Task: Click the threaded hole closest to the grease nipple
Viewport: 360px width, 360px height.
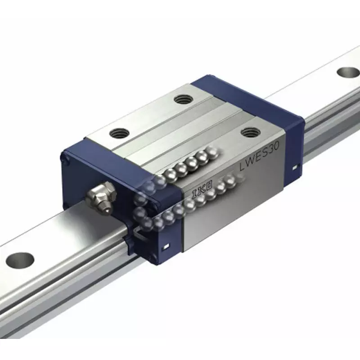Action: coord(120,133)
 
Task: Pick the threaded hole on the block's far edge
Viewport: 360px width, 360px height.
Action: coord(182,99)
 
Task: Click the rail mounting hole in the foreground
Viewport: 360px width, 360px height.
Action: coord(21,260)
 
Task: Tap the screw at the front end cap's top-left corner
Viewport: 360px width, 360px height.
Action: coord(66,158)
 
